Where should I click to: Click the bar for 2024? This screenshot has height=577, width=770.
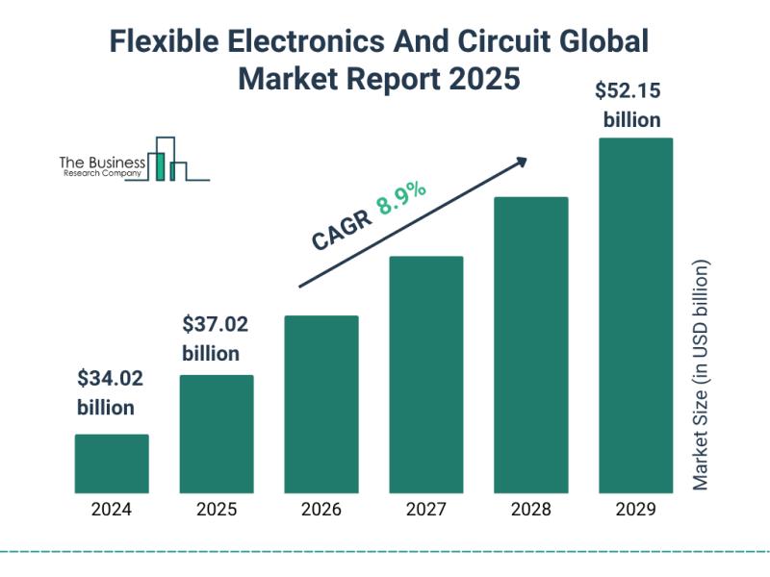pos(112,464)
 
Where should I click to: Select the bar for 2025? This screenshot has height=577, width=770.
pos(217,434)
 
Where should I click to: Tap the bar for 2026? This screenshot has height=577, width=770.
pos(321,404)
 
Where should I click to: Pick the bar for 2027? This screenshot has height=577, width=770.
pos(426,374)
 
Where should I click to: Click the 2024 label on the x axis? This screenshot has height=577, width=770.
pos(112,510)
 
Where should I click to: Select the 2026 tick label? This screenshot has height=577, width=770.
pos(321,510)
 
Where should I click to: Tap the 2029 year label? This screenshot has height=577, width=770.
pos(635,510)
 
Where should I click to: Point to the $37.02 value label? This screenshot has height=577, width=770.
pos(214,324)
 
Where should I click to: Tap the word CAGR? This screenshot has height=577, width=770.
pos(340,231)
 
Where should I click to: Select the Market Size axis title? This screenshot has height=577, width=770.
pos(701,375)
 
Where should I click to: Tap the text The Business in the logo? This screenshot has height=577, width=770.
pos(102,163)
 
